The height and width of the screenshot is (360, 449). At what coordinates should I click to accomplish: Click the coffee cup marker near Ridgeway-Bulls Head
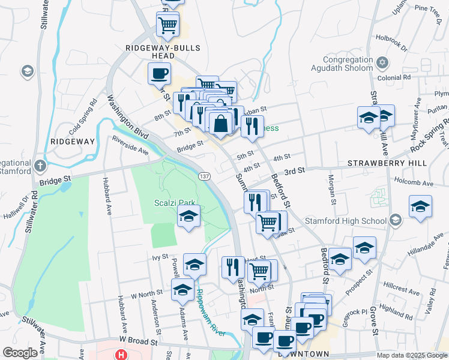coord(159,74)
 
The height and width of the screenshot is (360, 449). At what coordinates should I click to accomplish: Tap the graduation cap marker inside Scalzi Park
coord(188,216)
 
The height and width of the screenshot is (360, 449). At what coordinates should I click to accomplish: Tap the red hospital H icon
coord(122,355)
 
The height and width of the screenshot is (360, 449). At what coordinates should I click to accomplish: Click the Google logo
coord(20,353)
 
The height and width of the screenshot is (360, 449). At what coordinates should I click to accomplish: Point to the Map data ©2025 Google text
coord(411,355)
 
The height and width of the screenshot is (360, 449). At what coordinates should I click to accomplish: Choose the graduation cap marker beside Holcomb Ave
coord(420,207)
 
